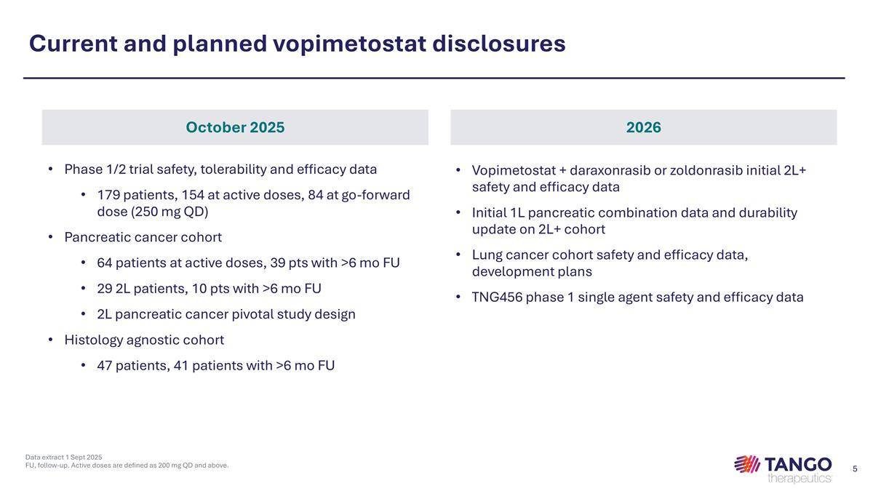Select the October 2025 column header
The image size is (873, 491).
point(235,127)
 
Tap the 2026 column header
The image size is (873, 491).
point(643,127)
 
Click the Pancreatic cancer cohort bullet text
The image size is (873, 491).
point(143,237)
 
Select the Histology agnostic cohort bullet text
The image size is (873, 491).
point(144,340)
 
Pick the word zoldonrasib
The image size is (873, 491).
point(713,169)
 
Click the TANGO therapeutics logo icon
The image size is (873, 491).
point(747,464)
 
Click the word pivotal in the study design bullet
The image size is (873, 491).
point(258,314)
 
